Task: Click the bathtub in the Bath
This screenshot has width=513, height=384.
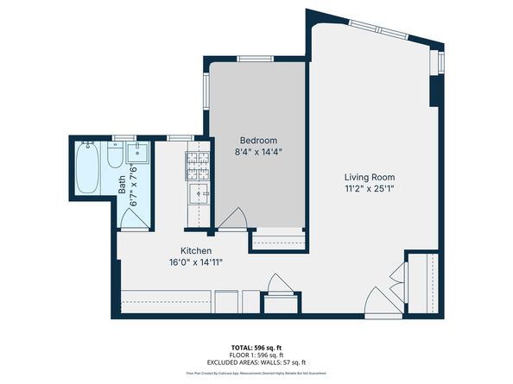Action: point(86,168)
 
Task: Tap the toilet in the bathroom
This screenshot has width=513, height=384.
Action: point(116,157)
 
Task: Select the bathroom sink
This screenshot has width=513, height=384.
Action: point(138,154)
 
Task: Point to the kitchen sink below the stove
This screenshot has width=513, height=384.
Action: point(199,194)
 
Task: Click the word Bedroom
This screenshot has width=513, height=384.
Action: point(258,141)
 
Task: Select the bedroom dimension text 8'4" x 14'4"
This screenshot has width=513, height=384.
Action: point(258,152)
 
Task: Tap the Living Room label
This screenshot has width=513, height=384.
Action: point(365,176)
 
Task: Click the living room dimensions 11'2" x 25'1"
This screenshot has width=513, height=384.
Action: point(365,188)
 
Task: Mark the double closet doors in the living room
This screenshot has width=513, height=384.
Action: point(398,277)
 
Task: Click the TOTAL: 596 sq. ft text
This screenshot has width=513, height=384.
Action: point(256,347)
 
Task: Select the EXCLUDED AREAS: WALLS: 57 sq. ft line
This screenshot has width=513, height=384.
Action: point(256,362)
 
